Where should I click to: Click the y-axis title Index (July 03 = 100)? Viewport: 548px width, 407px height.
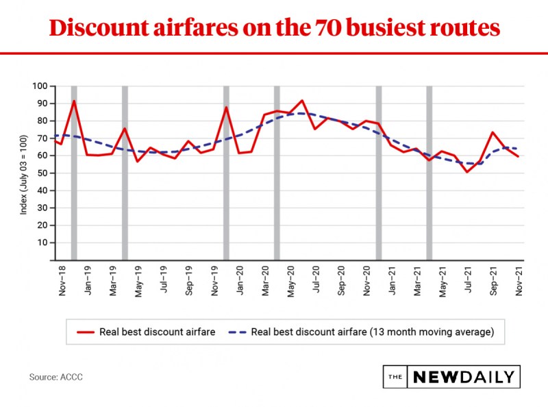point(23,173)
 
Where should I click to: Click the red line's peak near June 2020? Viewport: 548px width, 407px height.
point(302,100)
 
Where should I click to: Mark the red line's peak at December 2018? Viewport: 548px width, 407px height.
point(73,101)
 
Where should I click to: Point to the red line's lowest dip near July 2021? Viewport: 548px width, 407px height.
point(467,172)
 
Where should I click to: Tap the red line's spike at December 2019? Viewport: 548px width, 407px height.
point(226,108)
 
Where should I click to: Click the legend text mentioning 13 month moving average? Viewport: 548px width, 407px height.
point(373,332)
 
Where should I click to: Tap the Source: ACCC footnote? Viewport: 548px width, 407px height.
point(56,377)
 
